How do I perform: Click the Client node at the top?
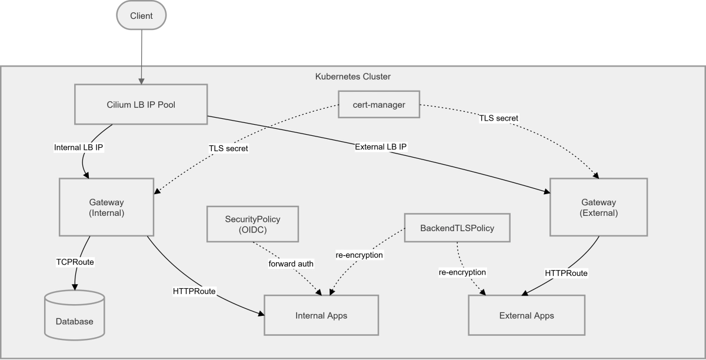click(x=141, y=16)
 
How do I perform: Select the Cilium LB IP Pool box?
click(x=141, y=105)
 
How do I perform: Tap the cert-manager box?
click(x=379, y=105)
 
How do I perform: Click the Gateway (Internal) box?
click(x=106, y=208)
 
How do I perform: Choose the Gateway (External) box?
click(x=598, y=208)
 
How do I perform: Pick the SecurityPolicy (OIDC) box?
click(x=252, y=224)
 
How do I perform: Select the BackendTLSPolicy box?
click(x=457, y=227)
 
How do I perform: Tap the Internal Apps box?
click(x=321, y=316)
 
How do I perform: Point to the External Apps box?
click(x=527, y=316)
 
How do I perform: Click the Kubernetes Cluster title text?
click(x=353, y=76)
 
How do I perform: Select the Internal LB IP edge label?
click(x=79, y=148)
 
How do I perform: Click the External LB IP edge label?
click(x=381, y=146)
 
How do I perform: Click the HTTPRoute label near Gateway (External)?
click(x=566, y=273)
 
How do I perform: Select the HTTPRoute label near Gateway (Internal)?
click(x=194, y=291)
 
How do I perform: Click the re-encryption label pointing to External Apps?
click(x=462, y=272)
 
